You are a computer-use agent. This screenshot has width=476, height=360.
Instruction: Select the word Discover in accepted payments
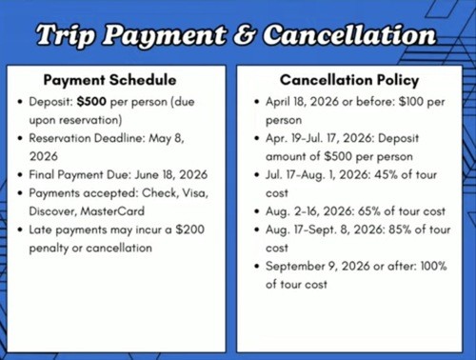coord(51,210)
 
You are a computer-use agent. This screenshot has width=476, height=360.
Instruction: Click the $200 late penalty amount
coord(191,230)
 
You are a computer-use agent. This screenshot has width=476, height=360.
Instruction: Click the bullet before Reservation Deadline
coord(19,139)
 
